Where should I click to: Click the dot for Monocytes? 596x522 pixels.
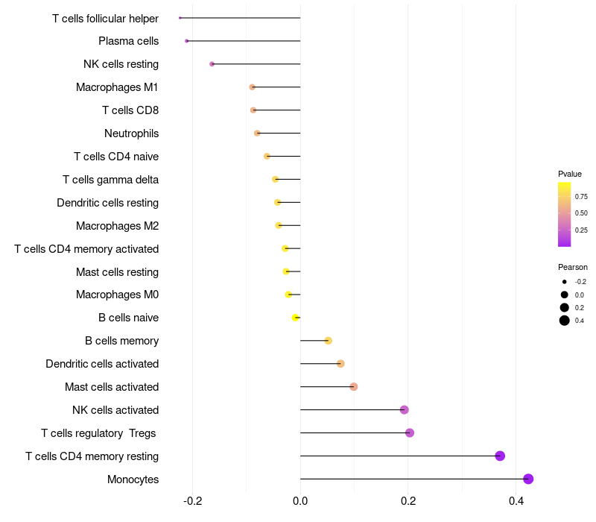pyautogui.click(x=528, y=479)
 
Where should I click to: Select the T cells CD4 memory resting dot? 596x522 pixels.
pyautogui.click(x=500, y=456)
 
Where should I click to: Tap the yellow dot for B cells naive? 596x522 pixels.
pyautogui.click(x=296, y=318)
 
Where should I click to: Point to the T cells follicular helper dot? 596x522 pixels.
pyautogui.click(x=180, y=18)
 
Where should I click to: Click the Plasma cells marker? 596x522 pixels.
pyautogui.click(x=187, y=41)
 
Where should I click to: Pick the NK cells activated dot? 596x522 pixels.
pyautogui.click(x=405, y=409)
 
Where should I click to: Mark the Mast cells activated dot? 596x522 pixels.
pyautogui.click(x=354, y=386)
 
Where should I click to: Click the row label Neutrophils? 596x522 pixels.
pyautogui.click(x=131, y=133)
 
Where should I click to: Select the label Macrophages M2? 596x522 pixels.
pyautogui.click(x=117, y=226)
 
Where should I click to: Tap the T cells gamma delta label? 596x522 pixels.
pyautogui.click(x=110, y=180)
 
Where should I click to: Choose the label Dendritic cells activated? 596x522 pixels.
pyautogui.click(x=102, y=364)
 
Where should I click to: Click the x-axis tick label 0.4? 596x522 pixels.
pyautogui.click(x=516, y=501)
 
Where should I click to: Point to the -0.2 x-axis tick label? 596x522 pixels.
pyautogui.click(x=192, y=501)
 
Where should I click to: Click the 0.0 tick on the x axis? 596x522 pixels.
pyautogui.click(x=300, y=501)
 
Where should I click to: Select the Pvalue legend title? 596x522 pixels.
pyautogui.click(x=570, y=174)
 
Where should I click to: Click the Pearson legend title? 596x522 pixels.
pyautogui.click(x=573, y=267)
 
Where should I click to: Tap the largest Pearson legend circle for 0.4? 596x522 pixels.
pyautogui.click(x=565, y=321)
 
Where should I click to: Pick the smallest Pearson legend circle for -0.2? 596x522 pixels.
pyautogui.click(x=565, y=282)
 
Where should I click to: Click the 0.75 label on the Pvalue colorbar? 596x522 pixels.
pyautogui.click(x=581, y=197)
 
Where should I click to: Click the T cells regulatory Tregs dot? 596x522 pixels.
pyautogui.click(x=410, y=433)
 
